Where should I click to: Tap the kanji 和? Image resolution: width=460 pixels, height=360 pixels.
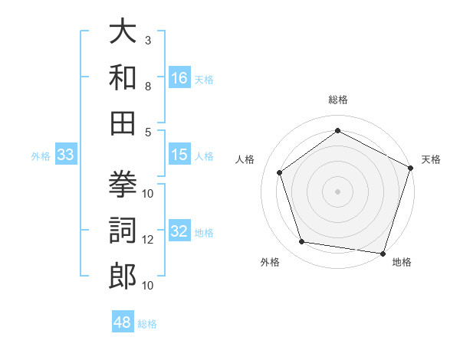[123, 77]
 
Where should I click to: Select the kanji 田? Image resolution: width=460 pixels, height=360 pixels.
[123, 121]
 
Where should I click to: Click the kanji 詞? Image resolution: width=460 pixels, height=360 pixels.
[123, 229]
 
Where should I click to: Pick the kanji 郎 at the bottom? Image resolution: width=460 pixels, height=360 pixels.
[123, 275]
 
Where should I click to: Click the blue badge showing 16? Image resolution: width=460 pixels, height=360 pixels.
[179, 77]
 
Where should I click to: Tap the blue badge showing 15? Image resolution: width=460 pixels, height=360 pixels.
[179, 155]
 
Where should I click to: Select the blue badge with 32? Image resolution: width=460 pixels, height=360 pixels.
[179, 232]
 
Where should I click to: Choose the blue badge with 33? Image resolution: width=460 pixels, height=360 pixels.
[66, 155]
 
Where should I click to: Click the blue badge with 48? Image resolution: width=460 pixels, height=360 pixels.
[123, 322]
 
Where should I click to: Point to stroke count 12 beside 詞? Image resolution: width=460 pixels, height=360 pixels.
[148, 240]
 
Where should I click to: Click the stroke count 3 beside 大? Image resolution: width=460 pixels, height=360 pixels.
[148, 40]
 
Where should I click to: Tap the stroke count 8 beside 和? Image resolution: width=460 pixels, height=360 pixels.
[148, 86]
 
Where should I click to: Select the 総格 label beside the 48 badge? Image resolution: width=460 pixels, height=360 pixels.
[147, 324]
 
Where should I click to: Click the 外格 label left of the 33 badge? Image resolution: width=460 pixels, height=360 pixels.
[41, 156]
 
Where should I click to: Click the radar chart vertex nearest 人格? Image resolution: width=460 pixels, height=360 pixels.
[280, 173]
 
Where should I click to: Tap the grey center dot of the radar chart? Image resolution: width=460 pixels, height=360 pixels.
[337, 191]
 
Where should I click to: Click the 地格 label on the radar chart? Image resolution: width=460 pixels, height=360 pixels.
[402, 263]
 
